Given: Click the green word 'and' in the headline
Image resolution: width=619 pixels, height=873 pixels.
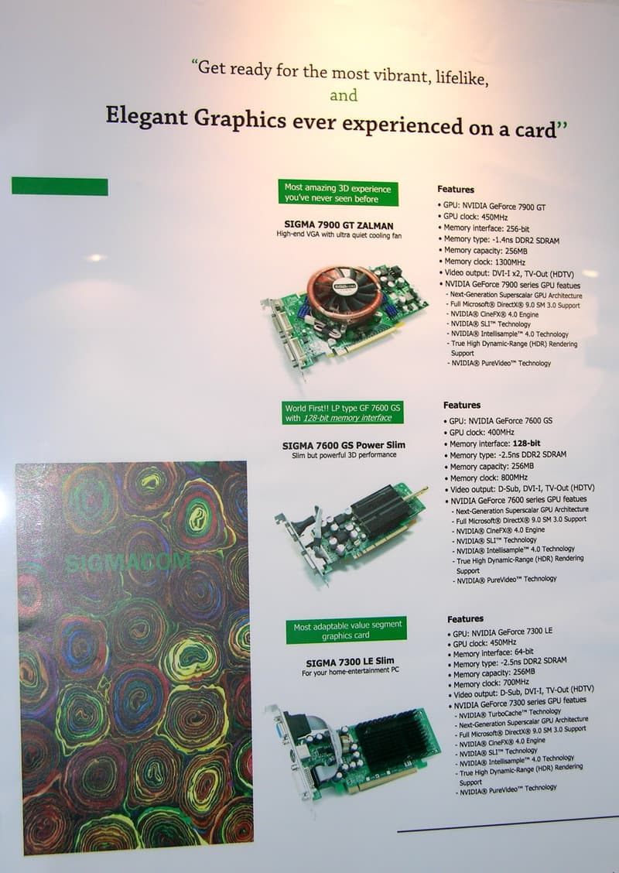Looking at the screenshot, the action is pyautogui.click(x=344, y=95).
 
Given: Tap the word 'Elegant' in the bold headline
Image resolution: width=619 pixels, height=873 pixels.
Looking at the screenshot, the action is pyautogui.click(x=146, y=116).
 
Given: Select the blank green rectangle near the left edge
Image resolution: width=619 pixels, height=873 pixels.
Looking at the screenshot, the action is pyautogui.click(x=60, y=186).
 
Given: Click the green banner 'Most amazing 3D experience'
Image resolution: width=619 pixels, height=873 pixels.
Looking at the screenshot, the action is pyautogui.click(x=338, y=193).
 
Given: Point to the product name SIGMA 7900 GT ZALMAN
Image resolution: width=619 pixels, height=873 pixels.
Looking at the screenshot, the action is pyautogui.click(x=339, y=225).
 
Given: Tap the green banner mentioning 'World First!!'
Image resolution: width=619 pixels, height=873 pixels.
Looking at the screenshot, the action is pyautogui.click(x=343, y=413).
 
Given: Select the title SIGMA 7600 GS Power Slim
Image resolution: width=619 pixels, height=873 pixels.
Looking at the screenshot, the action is pyautogui.click(x=344, y=446).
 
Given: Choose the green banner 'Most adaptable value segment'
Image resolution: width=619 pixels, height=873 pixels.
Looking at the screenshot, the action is pyautogui.click(x=346, y=630).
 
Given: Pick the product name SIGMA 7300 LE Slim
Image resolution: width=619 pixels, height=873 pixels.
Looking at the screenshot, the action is pyautogui.click(x=351, y=662).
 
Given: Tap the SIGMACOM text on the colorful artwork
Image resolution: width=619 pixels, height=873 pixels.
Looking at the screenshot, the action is pyautogui.click(x=128, y=563).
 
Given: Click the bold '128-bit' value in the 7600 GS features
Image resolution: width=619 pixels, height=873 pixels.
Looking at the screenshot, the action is pyautogui.click(x=526, y=443).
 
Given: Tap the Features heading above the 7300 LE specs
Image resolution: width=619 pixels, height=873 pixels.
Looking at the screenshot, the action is pyautogui.click(x=465, y=618).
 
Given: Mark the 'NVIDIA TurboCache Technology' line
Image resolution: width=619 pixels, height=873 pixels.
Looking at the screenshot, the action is pyautogui.click(x=508, y=713).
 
